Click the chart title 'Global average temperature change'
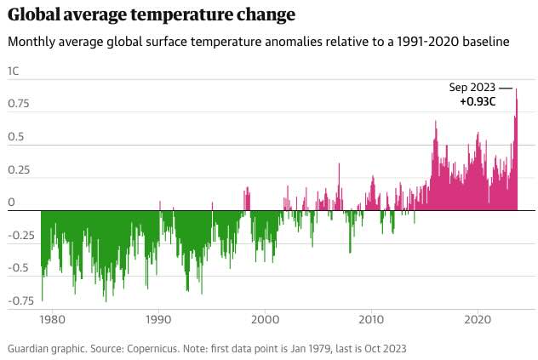[x=152, y=14]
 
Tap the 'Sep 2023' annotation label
[x=472, y=88]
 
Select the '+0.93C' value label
[x=478, y=102]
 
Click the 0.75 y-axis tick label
[x=18, y=104]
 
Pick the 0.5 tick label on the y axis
[x=14, y=137]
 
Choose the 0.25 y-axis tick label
[x=18, y=170]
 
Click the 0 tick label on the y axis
[x=11, y=203]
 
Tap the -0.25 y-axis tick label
[x=21, y=236]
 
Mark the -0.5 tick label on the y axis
[x=18, y=268]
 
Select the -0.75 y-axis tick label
[x=21, y=300]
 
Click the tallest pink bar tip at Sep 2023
[x=516, y=90]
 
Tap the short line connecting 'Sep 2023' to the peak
[x=506, y=88]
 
